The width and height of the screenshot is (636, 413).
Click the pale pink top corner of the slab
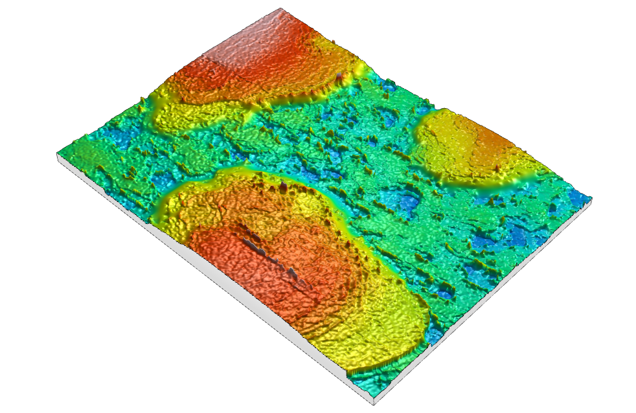(280, 9)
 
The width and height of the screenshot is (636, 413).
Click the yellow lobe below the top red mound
(194, 117)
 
